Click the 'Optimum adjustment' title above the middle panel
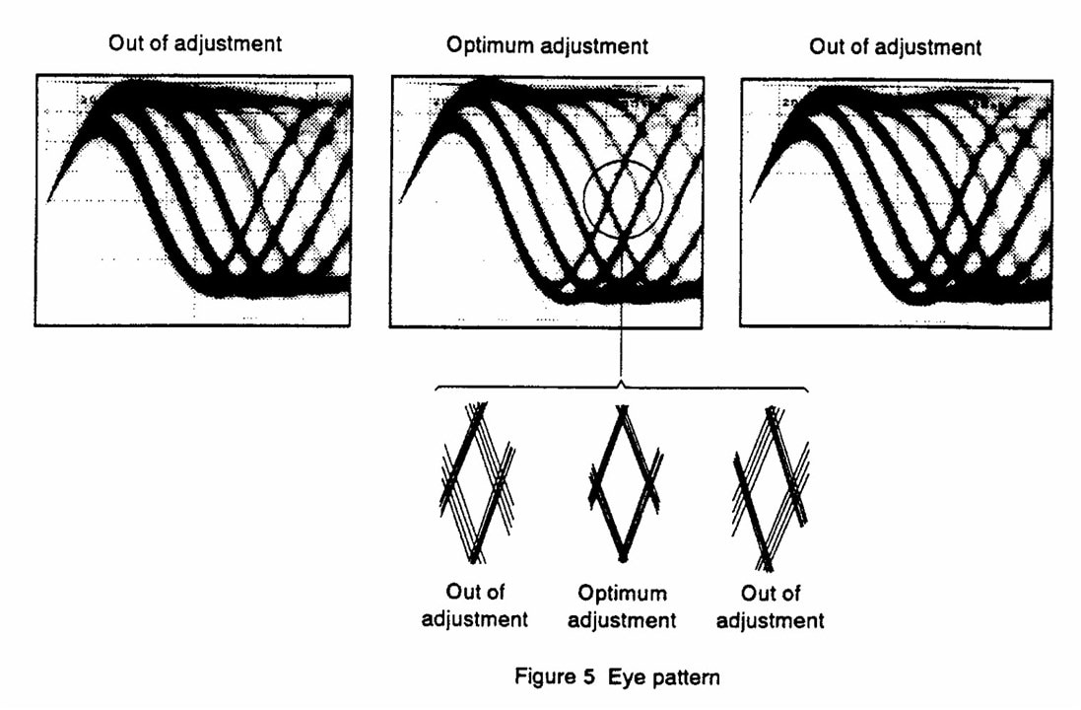[547, 45]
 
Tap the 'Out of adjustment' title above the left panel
[197, 43]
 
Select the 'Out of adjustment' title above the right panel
[895, 46]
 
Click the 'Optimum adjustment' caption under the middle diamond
[622, 607]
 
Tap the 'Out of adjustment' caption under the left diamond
[475, 605]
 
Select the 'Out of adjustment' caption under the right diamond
[771, 606]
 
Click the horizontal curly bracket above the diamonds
[622, 387]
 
